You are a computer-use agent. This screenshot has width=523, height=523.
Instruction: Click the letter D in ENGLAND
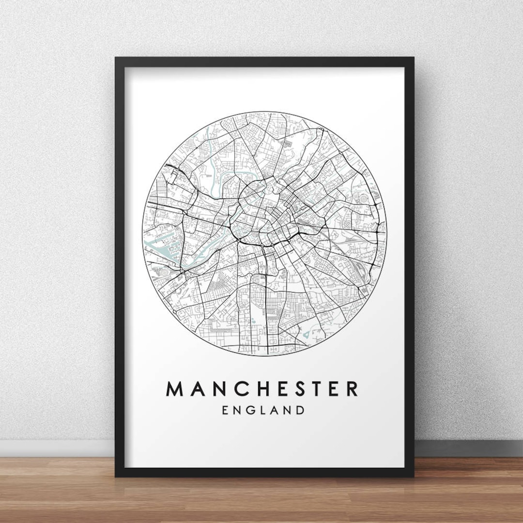pyautogui.click(x=300, y=410)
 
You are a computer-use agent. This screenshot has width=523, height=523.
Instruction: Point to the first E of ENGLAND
pyautogui.click(x=225, y=410)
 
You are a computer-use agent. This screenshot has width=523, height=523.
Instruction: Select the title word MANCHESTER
pyautogui.click(x=262, y=388)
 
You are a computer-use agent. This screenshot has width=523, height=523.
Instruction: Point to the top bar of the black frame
pyautogui.click(x=264, y=62)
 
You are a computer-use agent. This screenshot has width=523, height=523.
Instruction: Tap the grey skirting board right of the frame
pyautogui.click(x=467, y=448)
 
